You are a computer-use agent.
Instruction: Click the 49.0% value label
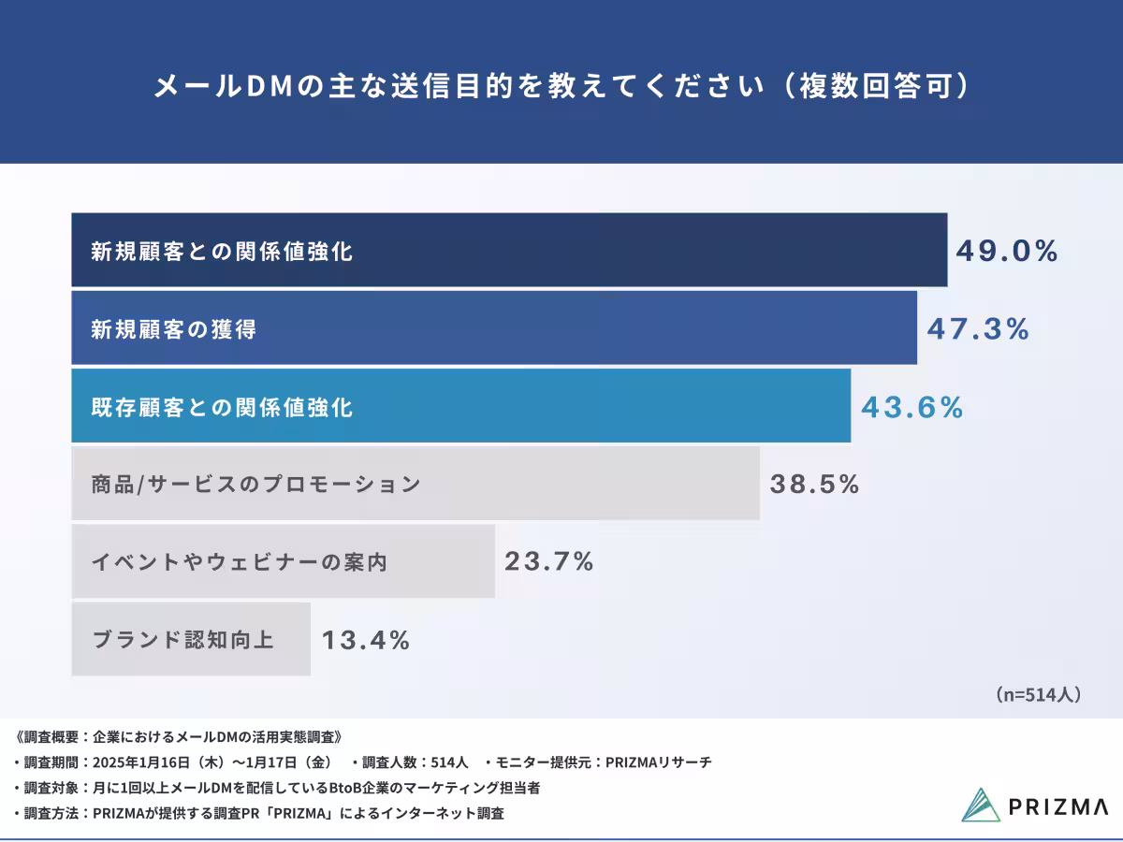point(1007,251)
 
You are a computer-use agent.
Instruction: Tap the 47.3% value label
point(978,329)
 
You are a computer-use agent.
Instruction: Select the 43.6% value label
point(912,408)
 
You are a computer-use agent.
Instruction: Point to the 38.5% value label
point(814,485)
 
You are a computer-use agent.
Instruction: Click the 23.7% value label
point(549,562)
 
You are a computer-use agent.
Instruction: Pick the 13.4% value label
point(366,641)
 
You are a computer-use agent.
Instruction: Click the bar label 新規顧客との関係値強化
point(222,251)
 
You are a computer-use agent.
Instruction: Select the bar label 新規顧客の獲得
point(173,329)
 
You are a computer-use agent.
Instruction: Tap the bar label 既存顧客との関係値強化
point(222,408)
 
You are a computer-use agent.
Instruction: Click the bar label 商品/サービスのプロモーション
point(255,485)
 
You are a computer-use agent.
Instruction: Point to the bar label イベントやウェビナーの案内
point(239,562)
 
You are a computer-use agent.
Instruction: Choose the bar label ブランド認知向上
point(182,641)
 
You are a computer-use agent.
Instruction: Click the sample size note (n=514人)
point(1038,695)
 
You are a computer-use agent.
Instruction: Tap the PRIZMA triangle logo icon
point(982,805)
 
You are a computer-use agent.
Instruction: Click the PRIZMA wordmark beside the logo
point(1058,806)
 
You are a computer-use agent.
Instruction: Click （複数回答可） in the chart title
point(876,87)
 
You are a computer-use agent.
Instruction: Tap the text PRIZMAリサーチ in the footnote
point(659,762)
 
